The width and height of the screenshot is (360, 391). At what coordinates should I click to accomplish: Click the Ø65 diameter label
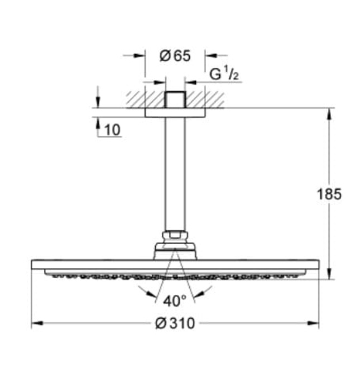coord(175,56)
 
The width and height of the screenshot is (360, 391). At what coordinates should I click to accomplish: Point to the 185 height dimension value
coord(329,194)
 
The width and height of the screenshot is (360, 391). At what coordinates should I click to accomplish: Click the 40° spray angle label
coord(175,301)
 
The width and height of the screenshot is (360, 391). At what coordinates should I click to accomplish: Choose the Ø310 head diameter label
coord(175,323)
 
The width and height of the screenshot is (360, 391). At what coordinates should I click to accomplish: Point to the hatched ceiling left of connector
coord(144,99)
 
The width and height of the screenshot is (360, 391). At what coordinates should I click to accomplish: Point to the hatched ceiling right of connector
coord(205,99)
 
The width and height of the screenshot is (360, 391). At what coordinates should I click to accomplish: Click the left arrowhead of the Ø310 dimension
coord(35,323)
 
